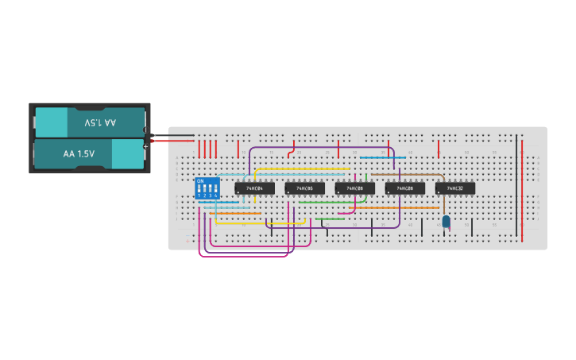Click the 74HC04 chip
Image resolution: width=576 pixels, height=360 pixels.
point(254,188)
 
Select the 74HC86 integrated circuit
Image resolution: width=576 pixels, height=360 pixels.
point(304,188)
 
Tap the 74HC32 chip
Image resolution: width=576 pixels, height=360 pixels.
point(455,188)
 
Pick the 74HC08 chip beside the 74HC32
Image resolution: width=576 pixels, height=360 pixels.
point(405,188)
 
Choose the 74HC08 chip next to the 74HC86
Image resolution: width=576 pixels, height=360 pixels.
point(354,188)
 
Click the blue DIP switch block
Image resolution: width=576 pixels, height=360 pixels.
point(207,188)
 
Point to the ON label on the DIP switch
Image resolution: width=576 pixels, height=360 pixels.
point(200,181)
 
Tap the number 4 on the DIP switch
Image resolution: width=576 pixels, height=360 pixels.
point(215,195)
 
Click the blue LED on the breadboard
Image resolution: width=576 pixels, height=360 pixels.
point(446,222)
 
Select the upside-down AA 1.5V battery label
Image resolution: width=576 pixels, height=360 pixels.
point(100,123)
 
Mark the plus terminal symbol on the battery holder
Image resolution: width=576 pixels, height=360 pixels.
point(145,146)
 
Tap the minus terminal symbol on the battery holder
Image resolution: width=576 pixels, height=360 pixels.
point(145,130)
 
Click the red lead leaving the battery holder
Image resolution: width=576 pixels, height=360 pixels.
point(171,141)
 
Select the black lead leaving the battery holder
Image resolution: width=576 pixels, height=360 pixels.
point(171,135)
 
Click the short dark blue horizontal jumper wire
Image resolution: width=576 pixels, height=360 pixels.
point(383,157)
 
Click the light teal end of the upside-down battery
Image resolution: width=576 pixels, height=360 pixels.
point(52,123)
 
